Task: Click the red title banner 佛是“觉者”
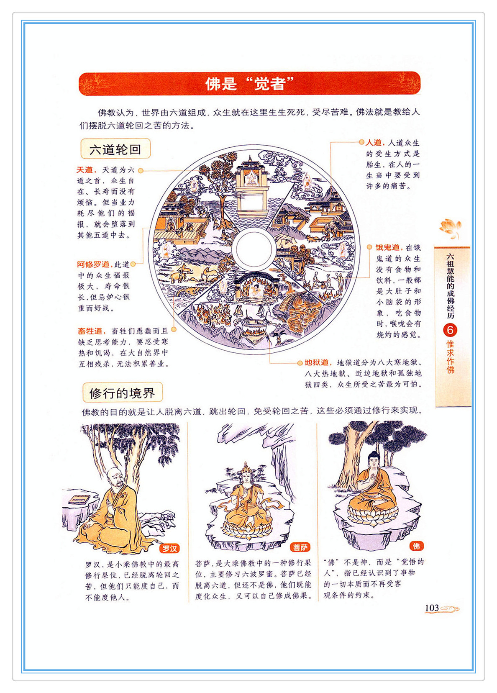click(x=249, y=84)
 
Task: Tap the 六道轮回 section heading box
click(x=115, y=149)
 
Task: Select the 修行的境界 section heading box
click(x=123, y=393)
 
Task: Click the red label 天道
click(x=85, y=170)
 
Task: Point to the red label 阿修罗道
click(x=93, y=264)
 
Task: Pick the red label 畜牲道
click(x=90, y=331)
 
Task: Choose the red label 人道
click(x=374, y=143)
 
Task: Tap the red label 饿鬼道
click(x=388, y=247)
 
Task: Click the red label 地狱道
click(x=317, y=362)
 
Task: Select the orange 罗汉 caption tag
click(x=169, y=548)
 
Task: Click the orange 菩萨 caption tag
click(x=300, y=547)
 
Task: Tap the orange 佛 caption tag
click(x=416, y=546)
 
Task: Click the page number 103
click(x=432, y=608)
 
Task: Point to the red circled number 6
click(x=450, y=330)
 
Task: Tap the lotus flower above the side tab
click(x=450, y=228)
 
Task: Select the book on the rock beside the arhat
click(x=79, y=498)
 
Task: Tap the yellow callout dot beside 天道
click(x=141, y=170)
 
